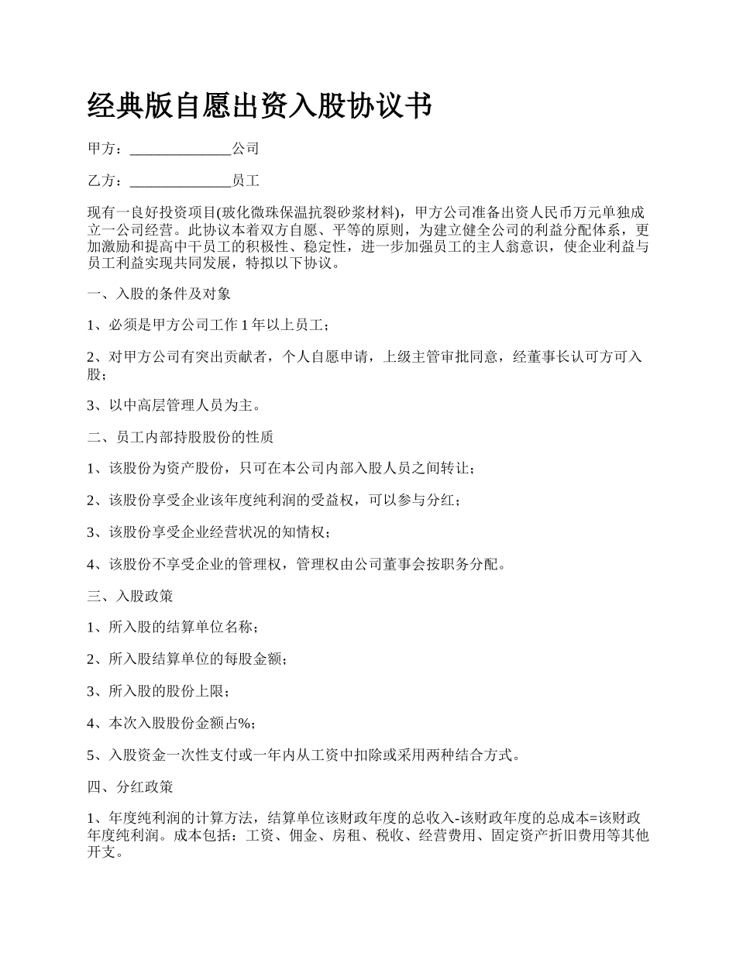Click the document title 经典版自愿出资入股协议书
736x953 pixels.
point(260,106)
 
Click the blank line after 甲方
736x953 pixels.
point(181,149)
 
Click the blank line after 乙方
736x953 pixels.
point(181,181)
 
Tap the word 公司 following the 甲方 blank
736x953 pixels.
point(245,149)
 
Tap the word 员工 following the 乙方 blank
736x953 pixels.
point(245,181)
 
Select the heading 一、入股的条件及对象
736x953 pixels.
point(159,294)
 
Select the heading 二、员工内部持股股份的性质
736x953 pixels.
point(181,437)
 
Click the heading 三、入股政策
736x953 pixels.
point(130,596)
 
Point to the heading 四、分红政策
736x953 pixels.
point(130,786)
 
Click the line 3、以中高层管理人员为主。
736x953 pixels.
point(174,405)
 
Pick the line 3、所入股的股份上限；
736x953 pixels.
point(159,691)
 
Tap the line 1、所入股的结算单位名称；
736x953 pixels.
point(173,628)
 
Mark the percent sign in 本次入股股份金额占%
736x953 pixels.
point(244,723)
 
